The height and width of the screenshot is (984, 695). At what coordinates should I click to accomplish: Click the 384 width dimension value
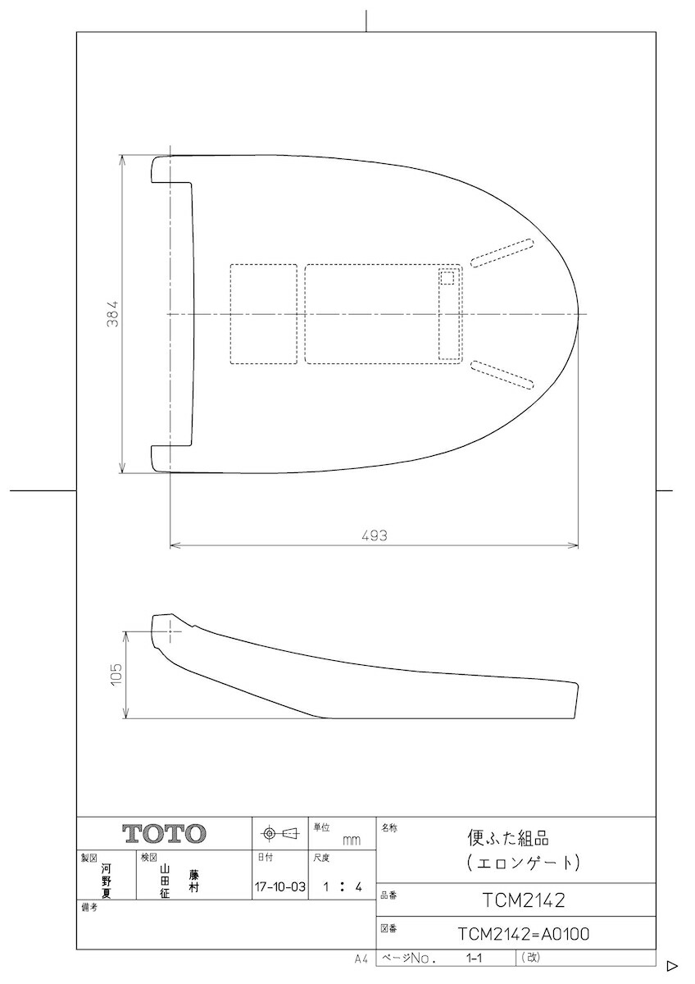(x=113, y=313)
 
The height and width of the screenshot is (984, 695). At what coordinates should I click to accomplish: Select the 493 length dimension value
(x=375, y=535)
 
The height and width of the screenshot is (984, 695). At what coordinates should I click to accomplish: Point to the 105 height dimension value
(x=116, y=674)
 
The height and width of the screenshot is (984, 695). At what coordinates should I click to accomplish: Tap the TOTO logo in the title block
(x=164, y=833)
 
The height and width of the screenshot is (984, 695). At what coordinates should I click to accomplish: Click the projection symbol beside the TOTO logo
(x=279, y=832)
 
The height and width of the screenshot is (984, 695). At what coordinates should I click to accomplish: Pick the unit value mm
(x=352, y=840)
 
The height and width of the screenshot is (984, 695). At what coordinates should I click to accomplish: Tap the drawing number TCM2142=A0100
(x=524, y=934)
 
